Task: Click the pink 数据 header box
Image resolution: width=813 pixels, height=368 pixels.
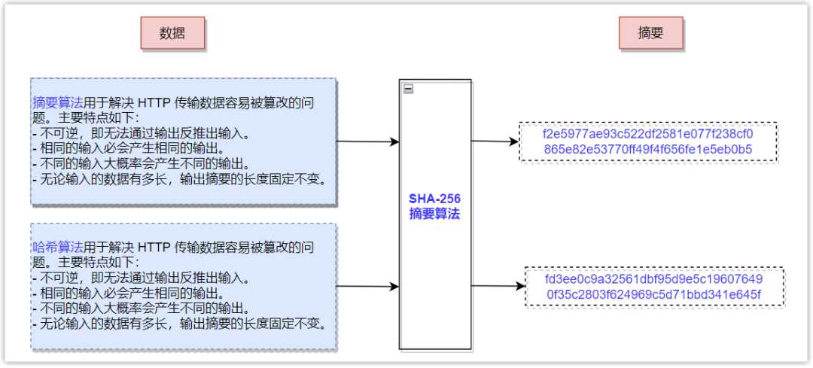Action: pyautogui.click(x=172, y=33)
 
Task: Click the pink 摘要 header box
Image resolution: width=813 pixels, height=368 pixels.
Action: pyautogui.click(x=650, y=33)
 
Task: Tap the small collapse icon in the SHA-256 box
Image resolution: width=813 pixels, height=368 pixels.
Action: pyautogui.click(x=408, y=89)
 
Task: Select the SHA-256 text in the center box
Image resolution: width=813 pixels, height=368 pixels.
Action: pyautogui.click(x=434, y=199)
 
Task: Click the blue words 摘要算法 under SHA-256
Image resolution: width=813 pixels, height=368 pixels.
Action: pyautogui.click(x=434, y=214)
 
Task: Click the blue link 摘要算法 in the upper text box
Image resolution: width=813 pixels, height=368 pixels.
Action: pyautogui.click(x=58, y=102)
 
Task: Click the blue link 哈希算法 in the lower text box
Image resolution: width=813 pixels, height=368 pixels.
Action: pyautogui.click(x=58, y=247)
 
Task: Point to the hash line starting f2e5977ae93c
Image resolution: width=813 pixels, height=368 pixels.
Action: pyautogui.click(x=647, y=134)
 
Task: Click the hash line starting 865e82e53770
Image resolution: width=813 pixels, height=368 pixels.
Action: pyautogui.click(x=647, y=149)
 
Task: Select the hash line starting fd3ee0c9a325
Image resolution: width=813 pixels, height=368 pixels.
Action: pyautogui.click(x=653, y=279)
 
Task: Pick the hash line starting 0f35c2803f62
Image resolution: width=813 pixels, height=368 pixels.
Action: pyautogui.click(x=653, y=294)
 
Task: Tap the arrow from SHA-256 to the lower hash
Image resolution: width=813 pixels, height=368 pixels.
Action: pyautogui.click(x=497, y=286)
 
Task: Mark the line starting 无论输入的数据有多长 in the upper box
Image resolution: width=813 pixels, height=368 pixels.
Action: pyautogui.click(x=178, y=178)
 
